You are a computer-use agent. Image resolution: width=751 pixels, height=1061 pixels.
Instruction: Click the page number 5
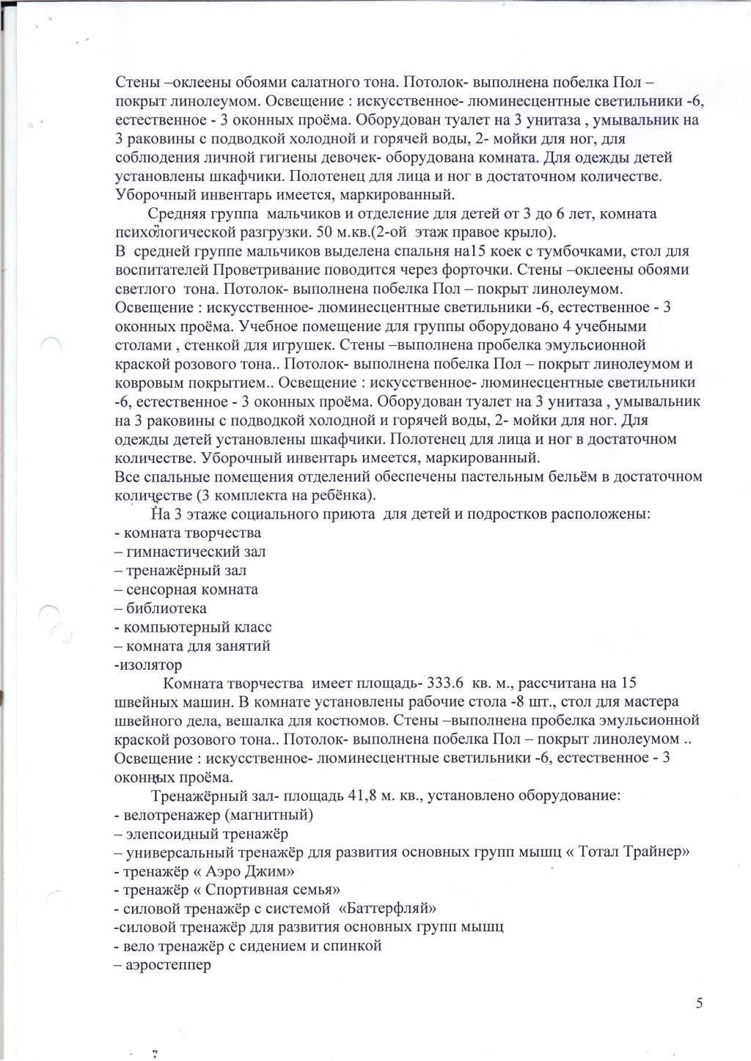click(698, 1003)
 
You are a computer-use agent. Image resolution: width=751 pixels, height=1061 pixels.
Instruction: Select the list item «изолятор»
click(150, 665)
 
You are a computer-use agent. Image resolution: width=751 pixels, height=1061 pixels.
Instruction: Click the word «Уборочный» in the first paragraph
click(154, 195)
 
